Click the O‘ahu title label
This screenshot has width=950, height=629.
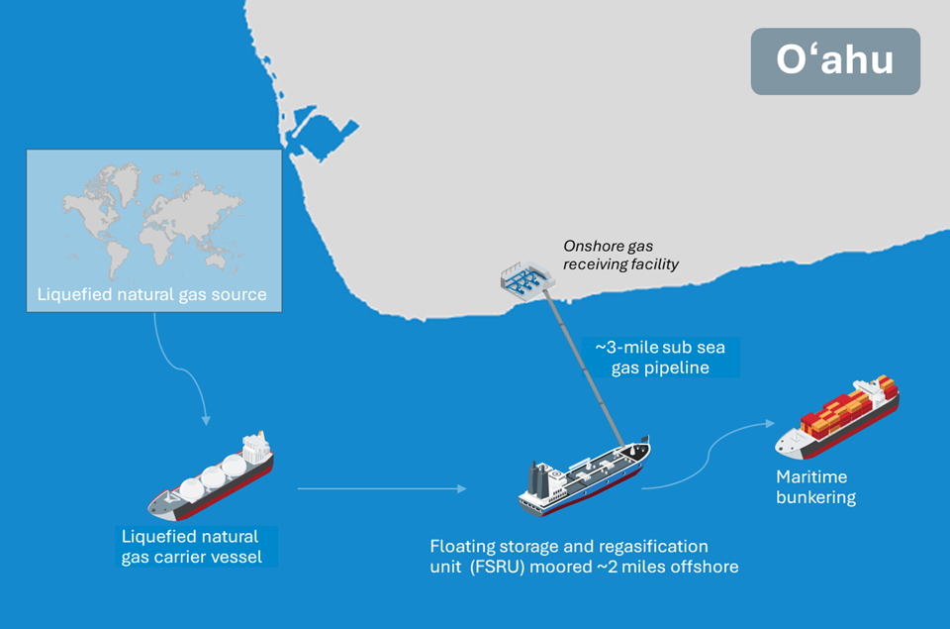(835, 60)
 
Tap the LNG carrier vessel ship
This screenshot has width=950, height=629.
(210, 476)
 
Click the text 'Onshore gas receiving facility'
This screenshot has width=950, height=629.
(620, 255)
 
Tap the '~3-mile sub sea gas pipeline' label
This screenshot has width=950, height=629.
(660, 358)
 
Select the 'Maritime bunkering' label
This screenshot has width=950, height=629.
(815, 486)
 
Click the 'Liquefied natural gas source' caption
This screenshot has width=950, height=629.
(151, 294)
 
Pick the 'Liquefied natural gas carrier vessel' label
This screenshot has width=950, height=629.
(191, 547)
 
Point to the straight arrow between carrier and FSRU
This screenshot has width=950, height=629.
(382, 488)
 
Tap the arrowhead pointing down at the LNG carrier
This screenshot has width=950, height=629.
(206, 420)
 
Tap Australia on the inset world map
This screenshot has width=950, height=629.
(217, 260)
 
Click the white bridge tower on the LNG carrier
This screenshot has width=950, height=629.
(255, 448)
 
